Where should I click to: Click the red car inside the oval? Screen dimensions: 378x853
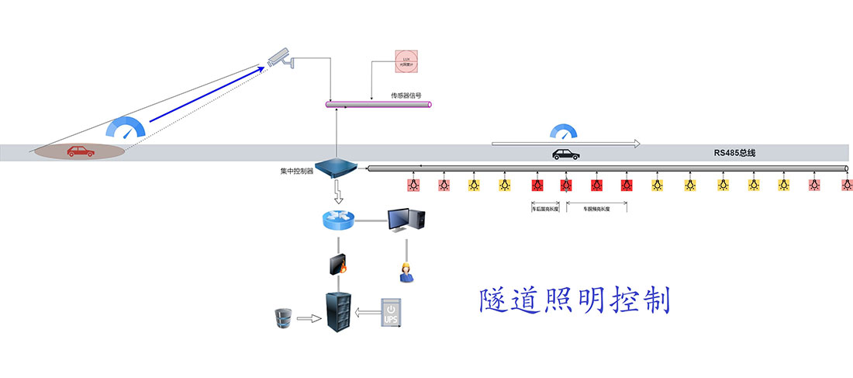click(81, 151)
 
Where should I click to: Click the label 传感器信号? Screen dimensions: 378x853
click(406, 95)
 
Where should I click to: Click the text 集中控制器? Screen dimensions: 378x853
click(297, 171)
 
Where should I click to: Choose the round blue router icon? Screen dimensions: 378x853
click(337, 220)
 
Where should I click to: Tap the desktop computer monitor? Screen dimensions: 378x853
click(405, 219)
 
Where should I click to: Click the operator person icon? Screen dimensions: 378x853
click(405, 271)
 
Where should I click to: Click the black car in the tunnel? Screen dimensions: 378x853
click(565, 154)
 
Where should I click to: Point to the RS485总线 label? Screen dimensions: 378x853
click(734, 154)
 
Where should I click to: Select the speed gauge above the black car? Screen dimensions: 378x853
click(564, 132)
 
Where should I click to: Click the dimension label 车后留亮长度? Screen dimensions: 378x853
click(545, 209)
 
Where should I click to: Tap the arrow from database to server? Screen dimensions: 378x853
click(309, 317)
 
